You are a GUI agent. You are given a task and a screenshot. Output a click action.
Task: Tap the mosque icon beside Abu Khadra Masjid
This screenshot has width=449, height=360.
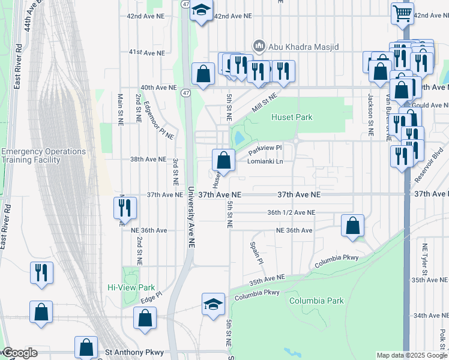click(x=259, y=46)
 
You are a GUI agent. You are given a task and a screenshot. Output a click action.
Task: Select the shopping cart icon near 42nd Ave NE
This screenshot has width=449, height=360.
click(x=402, y=13)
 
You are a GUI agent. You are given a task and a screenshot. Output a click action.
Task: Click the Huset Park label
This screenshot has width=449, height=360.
click(x=292, y=118)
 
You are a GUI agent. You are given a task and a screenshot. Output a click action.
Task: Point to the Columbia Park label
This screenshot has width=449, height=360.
click(x=316, y=300)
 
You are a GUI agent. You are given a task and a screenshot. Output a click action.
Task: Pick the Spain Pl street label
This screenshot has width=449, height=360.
click(x=256, y=253)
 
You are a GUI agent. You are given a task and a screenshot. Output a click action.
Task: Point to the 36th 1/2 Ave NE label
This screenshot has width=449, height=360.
click(x=291, y=212)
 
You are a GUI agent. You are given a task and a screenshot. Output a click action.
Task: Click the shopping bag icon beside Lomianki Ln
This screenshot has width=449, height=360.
click(x=223, y=160)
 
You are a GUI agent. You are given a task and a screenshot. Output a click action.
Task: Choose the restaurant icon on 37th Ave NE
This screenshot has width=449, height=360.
click(x=125, y=208)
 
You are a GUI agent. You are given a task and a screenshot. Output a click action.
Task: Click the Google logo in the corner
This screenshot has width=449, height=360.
click(x=19, y=353)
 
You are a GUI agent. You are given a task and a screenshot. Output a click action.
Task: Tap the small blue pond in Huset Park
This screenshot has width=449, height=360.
click(x=240, y=138)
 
